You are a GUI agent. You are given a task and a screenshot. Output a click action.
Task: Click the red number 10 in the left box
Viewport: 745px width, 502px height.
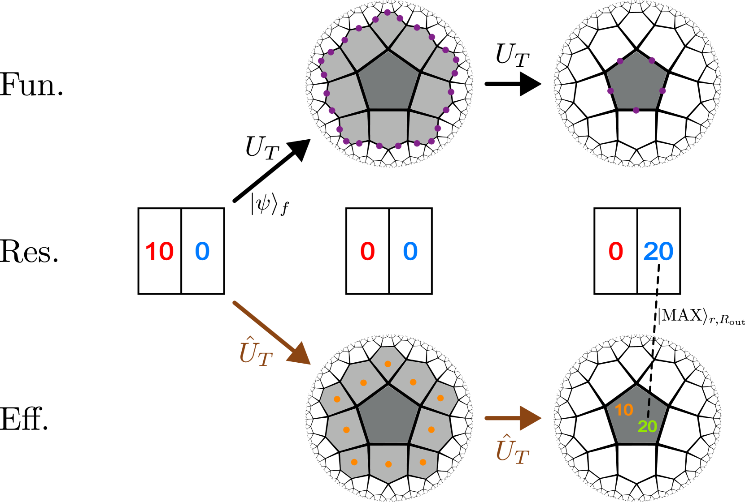(159, 251)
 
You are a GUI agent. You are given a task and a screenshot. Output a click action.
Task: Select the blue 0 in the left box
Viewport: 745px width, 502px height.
(202, 251)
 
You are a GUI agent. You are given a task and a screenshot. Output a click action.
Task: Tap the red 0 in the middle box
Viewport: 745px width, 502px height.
(367, 251)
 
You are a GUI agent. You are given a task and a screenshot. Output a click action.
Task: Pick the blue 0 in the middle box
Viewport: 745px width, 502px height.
(410, 251)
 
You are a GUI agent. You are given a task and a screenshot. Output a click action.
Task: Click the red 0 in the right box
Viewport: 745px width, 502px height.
(616, 251)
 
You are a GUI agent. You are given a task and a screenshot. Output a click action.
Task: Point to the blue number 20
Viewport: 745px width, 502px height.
(658, 251)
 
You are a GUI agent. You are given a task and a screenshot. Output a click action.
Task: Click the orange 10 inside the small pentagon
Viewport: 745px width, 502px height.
(623, 410)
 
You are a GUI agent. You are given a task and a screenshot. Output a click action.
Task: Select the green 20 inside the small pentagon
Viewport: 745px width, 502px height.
(647, 426)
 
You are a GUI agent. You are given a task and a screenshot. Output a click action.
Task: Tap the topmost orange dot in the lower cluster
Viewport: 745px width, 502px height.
(388, 364)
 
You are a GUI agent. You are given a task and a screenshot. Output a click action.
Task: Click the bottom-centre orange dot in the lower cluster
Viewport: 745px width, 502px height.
(388, 464)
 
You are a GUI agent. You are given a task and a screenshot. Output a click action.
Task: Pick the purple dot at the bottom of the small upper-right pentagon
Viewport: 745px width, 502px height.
(636, 111)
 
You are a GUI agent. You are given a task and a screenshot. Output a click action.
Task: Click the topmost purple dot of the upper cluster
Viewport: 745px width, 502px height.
(387, 12)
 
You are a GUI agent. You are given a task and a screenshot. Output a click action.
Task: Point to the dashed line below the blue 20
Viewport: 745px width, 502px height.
(658, 279)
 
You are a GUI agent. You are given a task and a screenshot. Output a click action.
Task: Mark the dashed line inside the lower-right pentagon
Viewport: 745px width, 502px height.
(648, 408)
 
